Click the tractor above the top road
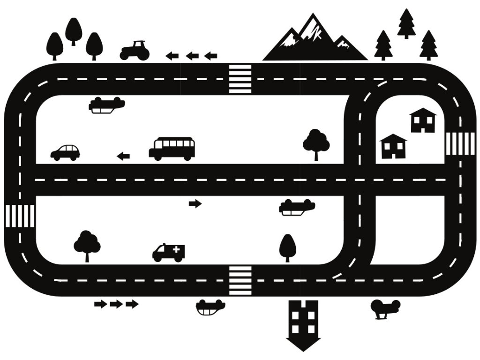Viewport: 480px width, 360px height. click(x=135, y=51)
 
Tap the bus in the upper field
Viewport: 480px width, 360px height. click(x=172, y=149)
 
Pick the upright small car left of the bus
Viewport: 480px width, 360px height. click(x=65, y=152)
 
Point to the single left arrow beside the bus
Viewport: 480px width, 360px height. click(x=123, y=156)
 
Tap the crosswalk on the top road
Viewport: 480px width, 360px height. click(x=240, y=79)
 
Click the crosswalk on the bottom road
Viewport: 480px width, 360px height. click(x=240, y=280)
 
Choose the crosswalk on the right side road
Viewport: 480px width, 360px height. click(x=453, y=143)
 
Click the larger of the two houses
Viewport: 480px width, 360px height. click(x=423, y=120)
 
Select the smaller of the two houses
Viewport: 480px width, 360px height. click(x=393, y=146)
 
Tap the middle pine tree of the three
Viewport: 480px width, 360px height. click(x=406, y=23)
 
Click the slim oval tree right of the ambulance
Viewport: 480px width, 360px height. click(x=287, y=247)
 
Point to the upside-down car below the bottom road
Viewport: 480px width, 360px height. click(x=210, y=307)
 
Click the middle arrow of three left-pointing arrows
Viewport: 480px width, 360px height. click(x=192, y=56)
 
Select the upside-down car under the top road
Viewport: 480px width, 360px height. click(x=107, y=105)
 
